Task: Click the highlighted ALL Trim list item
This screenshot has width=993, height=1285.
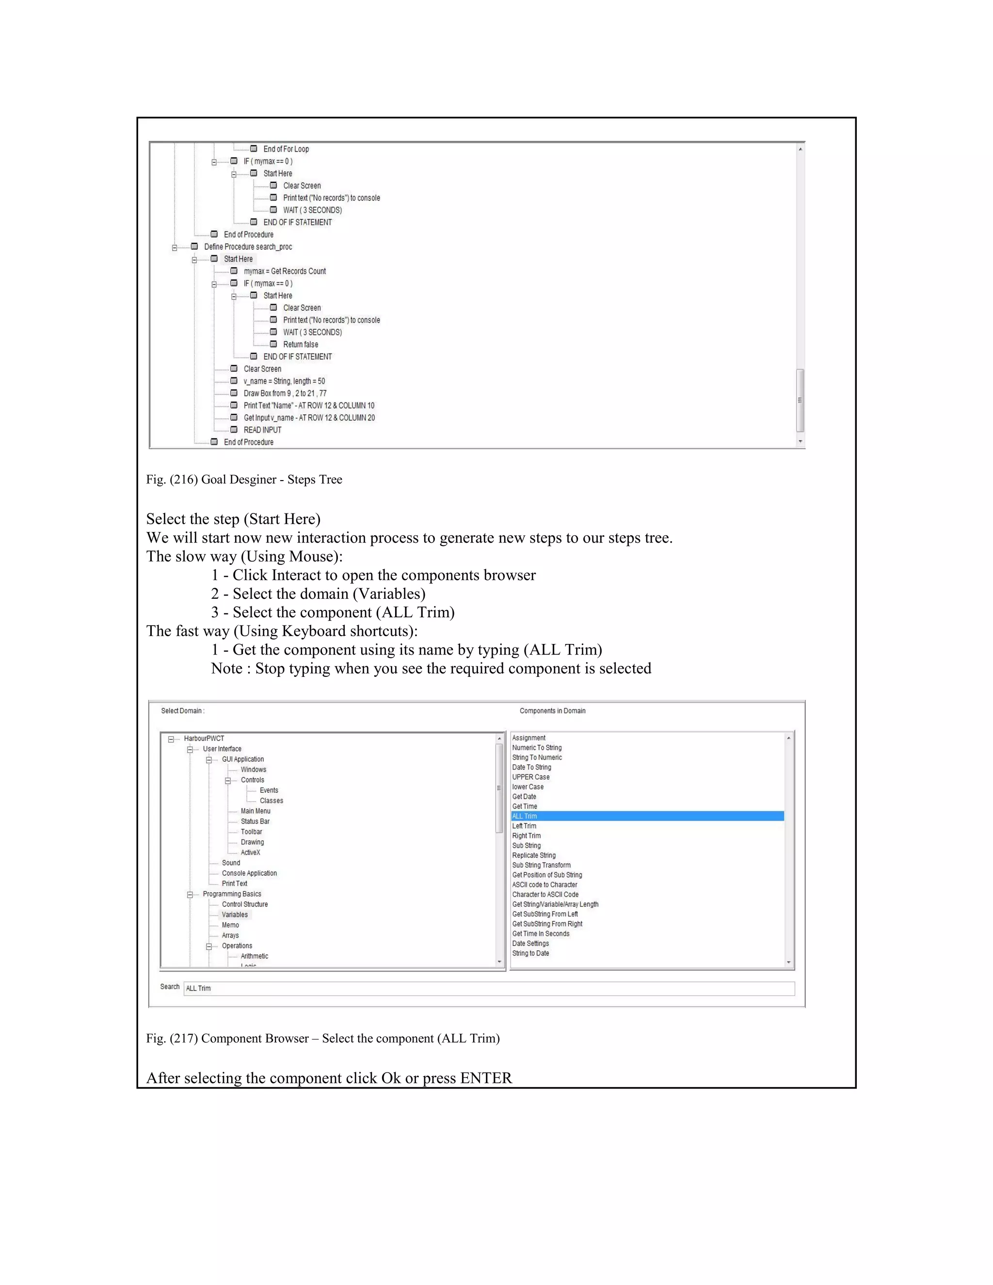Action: (x=525, y=816)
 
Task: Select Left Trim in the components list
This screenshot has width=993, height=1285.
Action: (x=524, y=826)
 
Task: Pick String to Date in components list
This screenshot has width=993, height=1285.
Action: (x=530, y=953)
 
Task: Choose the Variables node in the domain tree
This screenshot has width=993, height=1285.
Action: (x=235, y=915)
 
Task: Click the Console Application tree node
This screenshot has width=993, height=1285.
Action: (x=249, y=873)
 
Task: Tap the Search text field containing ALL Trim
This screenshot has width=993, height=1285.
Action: (x=488, y=988)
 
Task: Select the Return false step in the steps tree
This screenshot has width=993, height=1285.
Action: (x=301, y=345)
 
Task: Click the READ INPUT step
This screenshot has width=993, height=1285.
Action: (x=262, y=430)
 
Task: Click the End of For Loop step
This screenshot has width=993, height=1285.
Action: (x=286, y=149)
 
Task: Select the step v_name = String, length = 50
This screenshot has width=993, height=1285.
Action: (x=284, y=381)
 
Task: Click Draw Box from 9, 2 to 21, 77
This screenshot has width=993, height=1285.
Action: (x=285, y=394)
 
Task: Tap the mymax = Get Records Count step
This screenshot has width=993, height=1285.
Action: (x=285, y=271)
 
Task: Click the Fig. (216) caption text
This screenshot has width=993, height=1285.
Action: (x=244, y=480)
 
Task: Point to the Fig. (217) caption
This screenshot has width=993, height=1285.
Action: (x=323, y=1039)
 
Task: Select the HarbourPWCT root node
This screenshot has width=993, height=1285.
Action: (x=204, y=739)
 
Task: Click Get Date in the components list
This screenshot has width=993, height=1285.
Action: (x=524, y=797)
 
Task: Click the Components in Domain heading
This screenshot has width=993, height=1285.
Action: (x=552, y=711)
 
